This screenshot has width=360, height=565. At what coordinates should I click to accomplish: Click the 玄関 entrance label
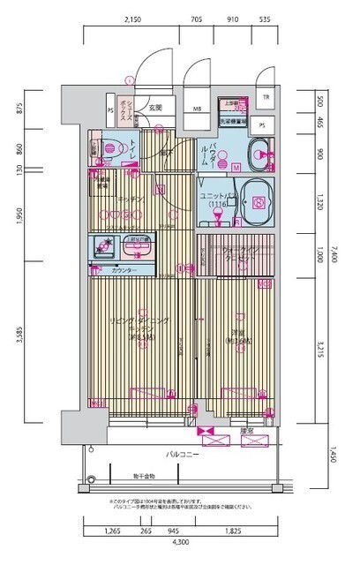155,108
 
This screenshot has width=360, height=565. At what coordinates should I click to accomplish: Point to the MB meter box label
196,110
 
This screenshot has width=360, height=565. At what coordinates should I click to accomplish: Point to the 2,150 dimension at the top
133,19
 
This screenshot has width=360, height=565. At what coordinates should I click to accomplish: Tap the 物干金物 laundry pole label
134,471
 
